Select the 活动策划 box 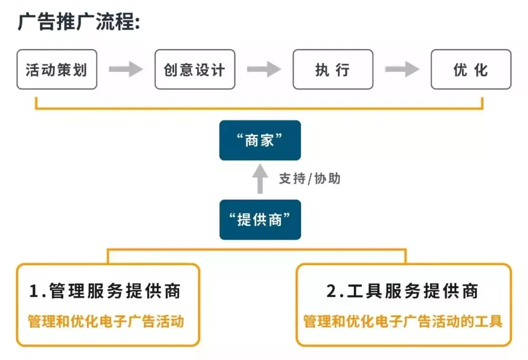tap(57, 69)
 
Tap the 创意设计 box tap(195, 69)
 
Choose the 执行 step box tap(333, 69)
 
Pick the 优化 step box tap(471, 69)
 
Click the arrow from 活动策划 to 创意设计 tap(126, 69)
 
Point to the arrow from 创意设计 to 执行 tap(264, 69)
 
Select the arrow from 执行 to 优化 tap(402, 69)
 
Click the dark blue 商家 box tap(260, 140)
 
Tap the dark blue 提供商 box tap(260, 220)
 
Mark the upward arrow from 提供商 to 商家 tap(260, 179)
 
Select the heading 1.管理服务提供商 tap(105, 291)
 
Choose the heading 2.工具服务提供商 tap(402, 291)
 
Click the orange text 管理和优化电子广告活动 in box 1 tap(106, 321)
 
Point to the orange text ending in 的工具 tap(403, 321)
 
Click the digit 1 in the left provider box tap(34, 291)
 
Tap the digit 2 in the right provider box tap(331, 291)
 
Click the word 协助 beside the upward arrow tap(327, 179)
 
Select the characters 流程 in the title tap(115, 22)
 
